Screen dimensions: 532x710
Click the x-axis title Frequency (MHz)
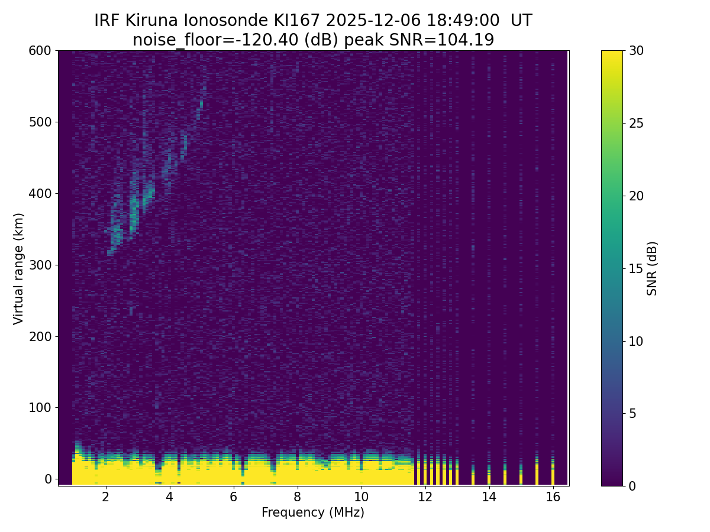[x=313, y=512]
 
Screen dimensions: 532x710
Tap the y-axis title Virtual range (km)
[x=19, y=268]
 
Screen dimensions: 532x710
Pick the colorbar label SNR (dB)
[x=652, y=268]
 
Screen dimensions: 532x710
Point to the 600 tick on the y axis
[x=40, y=51]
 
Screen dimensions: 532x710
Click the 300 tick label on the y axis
[x=40, y=265]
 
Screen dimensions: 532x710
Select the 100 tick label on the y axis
[x=40, y=408]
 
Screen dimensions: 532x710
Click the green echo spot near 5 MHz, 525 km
[x=201, y=104]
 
